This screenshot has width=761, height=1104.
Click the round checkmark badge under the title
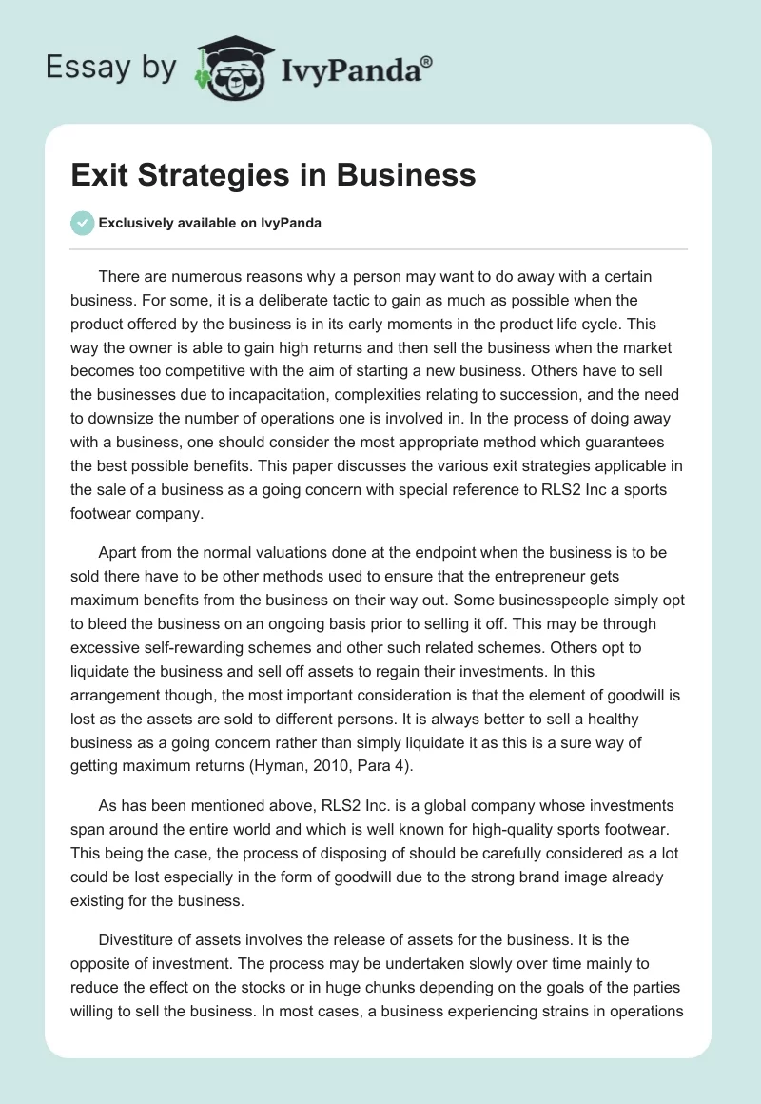point(83,223)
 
